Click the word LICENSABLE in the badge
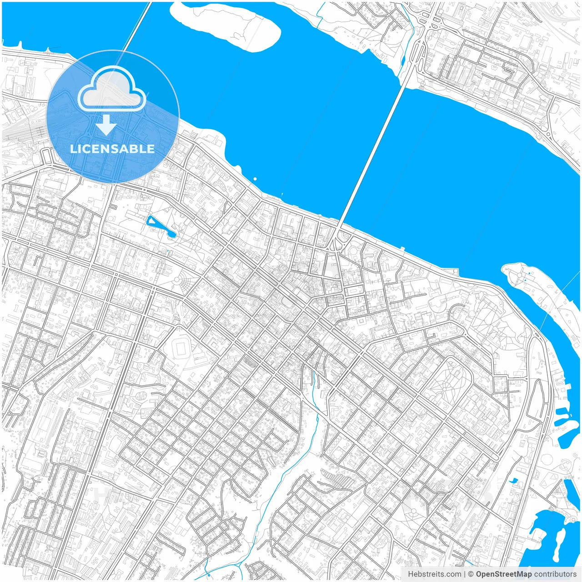point(112,149)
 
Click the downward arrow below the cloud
point(106,125)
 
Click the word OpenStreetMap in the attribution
point(503,574)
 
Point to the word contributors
point(555,574)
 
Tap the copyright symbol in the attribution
point(471,574)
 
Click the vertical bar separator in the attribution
point(465,574)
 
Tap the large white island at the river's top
point(227,23)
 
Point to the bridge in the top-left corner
point(134,27)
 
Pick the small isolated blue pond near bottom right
point(513,480)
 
